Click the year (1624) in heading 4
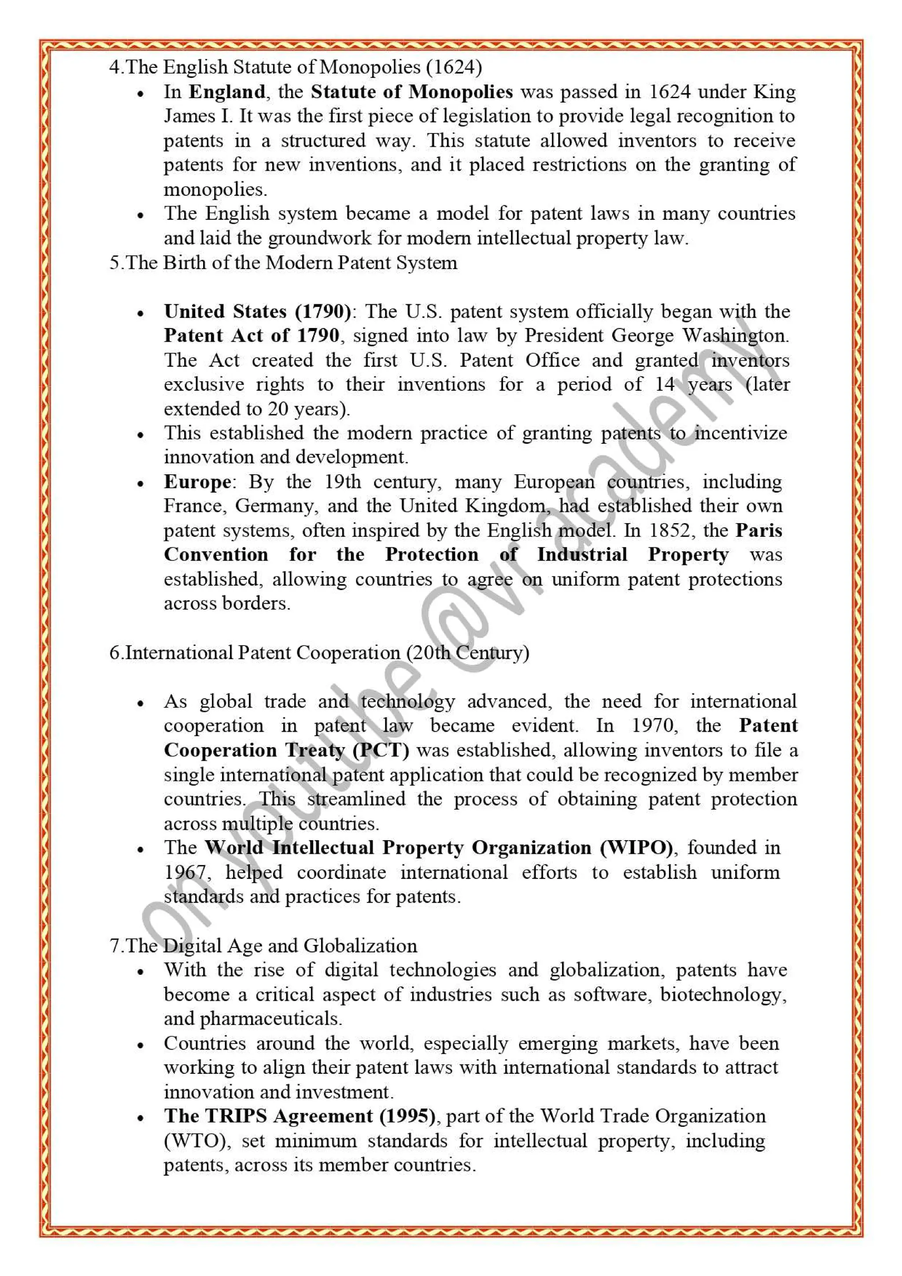tap(454, 67)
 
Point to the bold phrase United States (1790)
tap(257, 311)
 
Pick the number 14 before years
tap(665, 384)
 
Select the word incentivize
tap(741, 433)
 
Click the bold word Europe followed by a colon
tap(197, 482)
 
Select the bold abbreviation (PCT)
tap(381, 750)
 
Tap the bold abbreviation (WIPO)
tap(636, 848)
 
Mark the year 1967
tap(187, 873)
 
